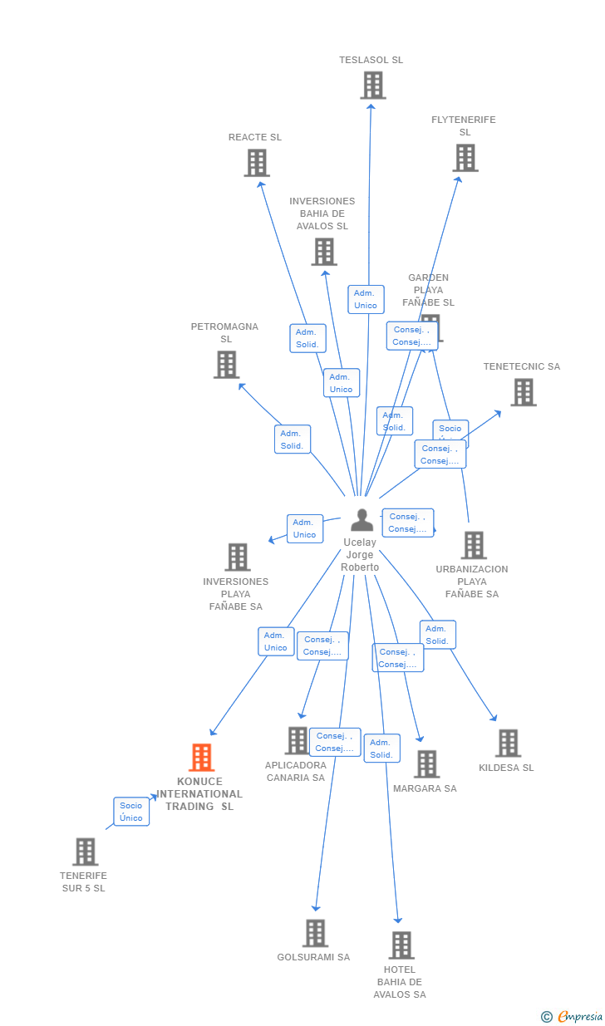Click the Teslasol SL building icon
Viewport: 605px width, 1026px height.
pos(373,85)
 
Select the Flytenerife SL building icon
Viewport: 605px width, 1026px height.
pos(465,158)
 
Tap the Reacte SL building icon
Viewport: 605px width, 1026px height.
pos(257,163)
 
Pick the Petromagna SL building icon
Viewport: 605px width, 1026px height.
pos(226,365)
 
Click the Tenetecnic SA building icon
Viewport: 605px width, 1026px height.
pos(523,392)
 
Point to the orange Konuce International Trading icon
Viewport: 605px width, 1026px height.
pos(201,758)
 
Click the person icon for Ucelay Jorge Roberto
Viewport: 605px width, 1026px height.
pos(362,520)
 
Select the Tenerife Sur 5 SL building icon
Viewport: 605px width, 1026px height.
pos(85,852)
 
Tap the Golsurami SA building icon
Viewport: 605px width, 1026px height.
pos(315,933)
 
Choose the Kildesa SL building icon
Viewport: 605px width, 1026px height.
pos(508,744)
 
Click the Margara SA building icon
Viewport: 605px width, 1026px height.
pos(426,764)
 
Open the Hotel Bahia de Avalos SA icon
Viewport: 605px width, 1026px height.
pos(401,945)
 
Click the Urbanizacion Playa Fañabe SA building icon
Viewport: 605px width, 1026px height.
pos(474,546)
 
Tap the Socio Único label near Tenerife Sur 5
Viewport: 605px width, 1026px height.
pos(131,812)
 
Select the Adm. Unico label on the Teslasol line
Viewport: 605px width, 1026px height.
pos(366,299)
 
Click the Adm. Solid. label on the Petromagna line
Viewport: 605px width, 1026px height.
pos(293,439)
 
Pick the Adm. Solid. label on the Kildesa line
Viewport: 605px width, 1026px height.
pos(437,635)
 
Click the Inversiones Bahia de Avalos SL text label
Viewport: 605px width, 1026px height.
pos(322,214)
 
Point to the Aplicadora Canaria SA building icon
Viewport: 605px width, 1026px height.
pos(297,740)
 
